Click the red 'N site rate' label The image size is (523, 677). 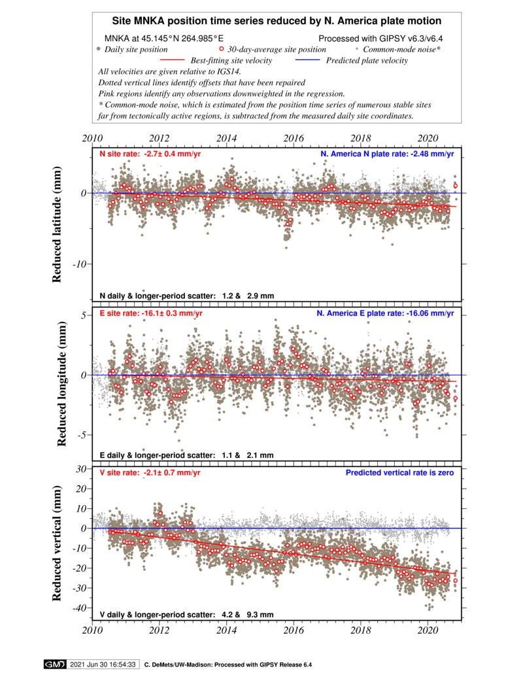[x=150, y=154]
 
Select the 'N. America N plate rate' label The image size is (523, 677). [x=386, y=154]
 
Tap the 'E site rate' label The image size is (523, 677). [x=151, y=313]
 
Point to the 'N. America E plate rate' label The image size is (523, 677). [x=384, y=313]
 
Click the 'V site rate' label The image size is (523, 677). [x=150, y=473]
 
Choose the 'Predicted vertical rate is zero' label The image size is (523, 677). [x=399, y=473]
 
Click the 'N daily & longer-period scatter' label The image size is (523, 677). [x=186, y=296]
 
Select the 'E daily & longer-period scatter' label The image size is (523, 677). [x=186, y=455]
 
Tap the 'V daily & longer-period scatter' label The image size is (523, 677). [x=186, y=615]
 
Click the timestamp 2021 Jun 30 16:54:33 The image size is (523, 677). [x=103, y=665]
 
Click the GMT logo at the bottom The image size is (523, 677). [x=54, y=665]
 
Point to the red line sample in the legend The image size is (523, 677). [x=173, y=60]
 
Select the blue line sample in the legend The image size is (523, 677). [x=307, y=60]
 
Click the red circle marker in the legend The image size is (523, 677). [x=222, y=48]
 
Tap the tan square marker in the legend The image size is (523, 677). [x=98, y=48]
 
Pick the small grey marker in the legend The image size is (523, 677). [x=356, y=48]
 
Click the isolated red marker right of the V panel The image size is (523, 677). [x=456, y=581]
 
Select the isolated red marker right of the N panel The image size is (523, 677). [x=456, y=185]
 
